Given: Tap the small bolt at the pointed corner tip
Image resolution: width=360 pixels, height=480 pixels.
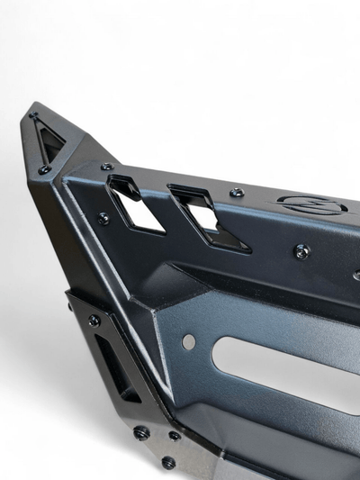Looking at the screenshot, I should point(33,116).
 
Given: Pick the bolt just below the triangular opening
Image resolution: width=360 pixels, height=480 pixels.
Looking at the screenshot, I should point(44,169).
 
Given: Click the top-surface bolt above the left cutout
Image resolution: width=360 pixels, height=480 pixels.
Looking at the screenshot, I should point(107,167).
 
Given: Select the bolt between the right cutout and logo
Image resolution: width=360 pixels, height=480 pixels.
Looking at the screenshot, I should point(237,193).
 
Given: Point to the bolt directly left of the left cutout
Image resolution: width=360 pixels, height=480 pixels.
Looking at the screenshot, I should point(103,218).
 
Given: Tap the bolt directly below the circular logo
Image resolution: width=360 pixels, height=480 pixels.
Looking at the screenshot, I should point(302,251).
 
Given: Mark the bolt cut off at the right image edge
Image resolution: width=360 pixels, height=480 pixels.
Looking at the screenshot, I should point(356,276).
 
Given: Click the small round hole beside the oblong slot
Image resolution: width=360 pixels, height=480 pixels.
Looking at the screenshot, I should point(188,341).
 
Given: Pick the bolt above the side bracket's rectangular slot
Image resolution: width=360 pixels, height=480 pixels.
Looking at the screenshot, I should point(94,320).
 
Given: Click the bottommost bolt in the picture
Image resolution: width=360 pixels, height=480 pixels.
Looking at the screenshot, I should point(168,462).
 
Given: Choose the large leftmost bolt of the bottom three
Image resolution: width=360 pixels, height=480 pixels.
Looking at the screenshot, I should point(141,432).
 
